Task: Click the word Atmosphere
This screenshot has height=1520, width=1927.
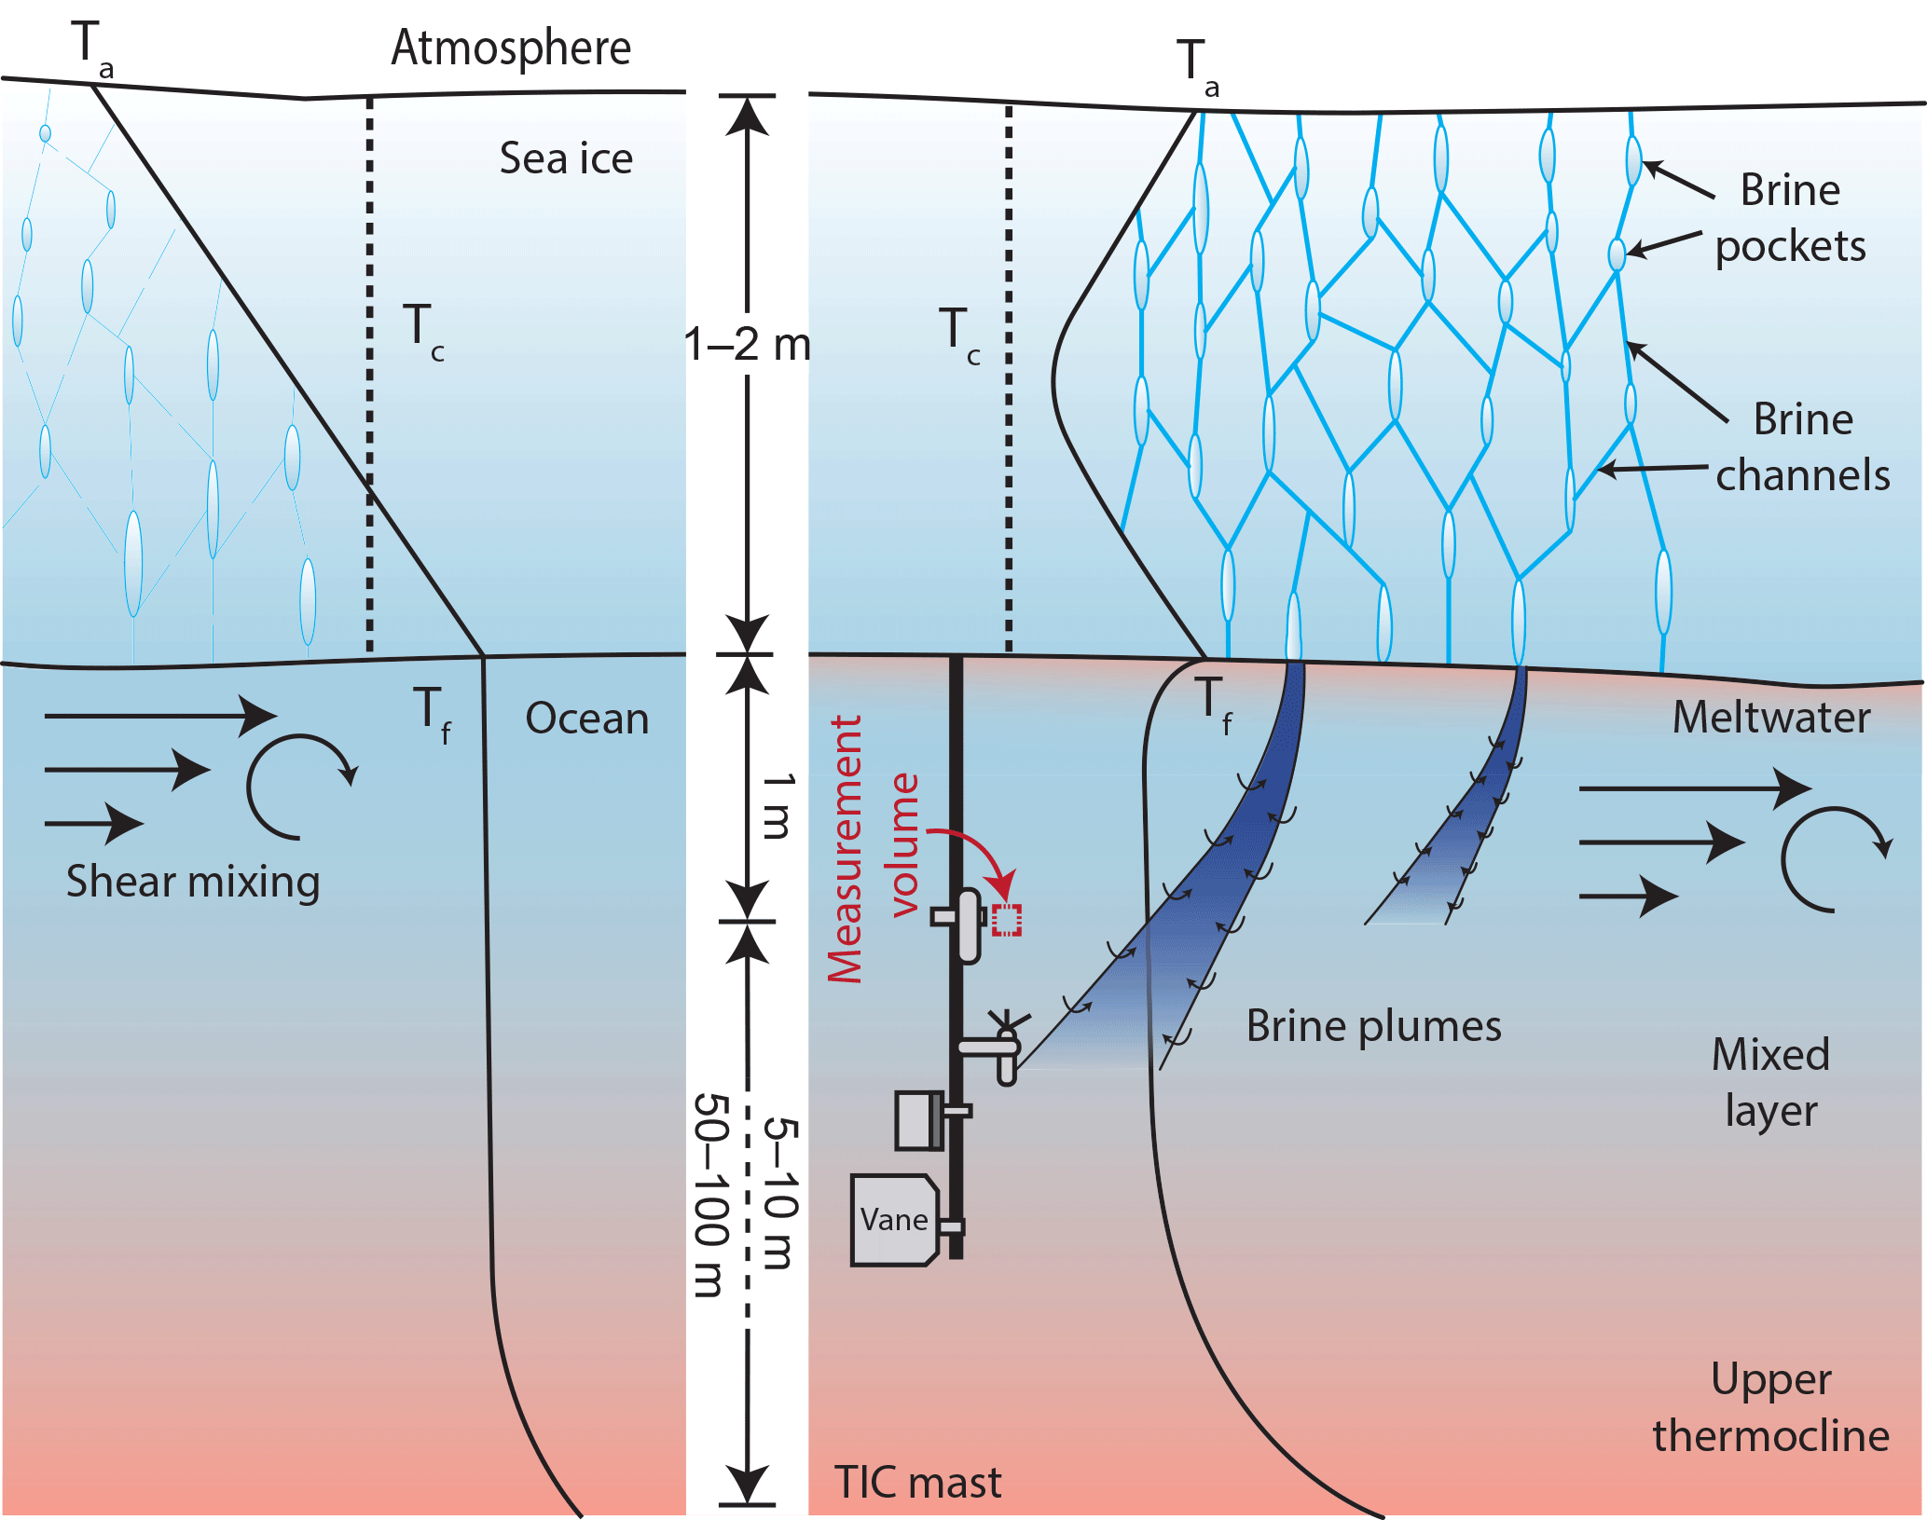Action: click(511, 48)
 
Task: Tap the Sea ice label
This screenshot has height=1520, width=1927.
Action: click(566, 158)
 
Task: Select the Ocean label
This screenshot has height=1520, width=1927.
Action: click(586, 719)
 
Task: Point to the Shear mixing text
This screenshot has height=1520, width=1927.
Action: click(193, 881)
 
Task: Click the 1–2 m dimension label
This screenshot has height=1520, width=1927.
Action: click(747, 345)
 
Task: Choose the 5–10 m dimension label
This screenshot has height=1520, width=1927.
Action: click(781, 1193)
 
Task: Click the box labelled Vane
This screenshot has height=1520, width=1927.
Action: click(894, 1220)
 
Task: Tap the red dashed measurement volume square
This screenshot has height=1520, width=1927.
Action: click(1006, 920)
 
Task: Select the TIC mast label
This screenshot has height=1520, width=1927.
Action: click(917, 1482)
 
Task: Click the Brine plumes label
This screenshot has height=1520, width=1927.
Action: click(1373, 1026)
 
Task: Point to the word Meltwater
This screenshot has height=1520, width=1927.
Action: click(1770, 718)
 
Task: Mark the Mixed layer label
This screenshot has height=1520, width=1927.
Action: click(1770, 1082)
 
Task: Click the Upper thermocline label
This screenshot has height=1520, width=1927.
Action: click(1770, 1407)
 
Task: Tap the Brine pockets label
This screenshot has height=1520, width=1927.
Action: click(1790, 218)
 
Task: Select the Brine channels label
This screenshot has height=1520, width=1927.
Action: click(1802, 447)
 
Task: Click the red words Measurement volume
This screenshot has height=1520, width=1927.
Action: click(873, 848)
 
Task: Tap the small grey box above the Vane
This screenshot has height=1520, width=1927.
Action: click(918, 1120)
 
